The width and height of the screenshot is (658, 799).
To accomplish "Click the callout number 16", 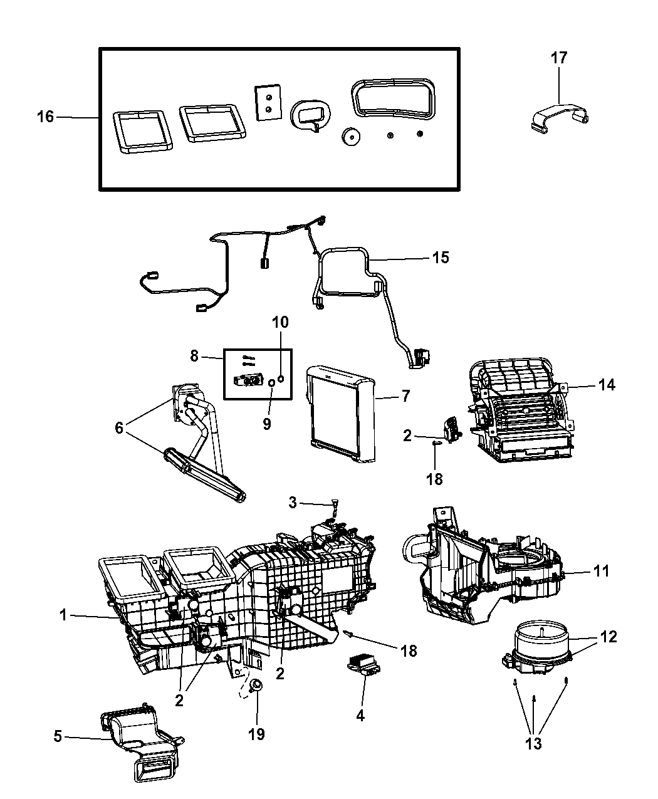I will (46, 117).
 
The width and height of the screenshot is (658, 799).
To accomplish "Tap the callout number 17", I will (558, 58).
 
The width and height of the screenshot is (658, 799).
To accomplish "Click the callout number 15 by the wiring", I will (441, 258).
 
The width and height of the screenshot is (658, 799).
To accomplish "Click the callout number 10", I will (280, 323).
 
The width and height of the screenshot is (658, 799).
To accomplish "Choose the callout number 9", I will (266, 424).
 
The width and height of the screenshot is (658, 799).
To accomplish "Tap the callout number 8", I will (194, 355).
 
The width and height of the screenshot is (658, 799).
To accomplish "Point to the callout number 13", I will (534, 744).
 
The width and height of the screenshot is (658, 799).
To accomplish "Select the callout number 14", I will (606, 385).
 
